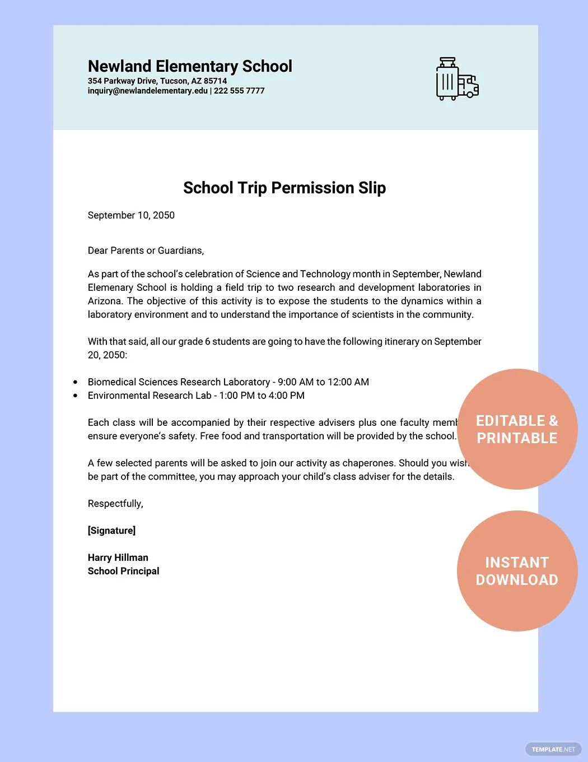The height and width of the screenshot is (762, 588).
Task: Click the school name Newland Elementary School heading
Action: (x=190, y=66)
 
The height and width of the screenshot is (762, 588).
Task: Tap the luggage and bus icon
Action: (x=457, y=79)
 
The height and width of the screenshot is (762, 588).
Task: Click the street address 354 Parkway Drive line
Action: (x=157, y=81)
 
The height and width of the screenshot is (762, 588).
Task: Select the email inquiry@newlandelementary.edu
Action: (x=147, y=91)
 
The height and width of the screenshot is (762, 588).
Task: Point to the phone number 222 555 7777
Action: (x=239, y=91)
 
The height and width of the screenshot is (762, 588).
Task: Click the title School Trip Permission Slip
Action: (x=284, y=188)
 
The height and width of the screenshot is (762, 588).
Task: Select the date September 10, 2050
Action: (x=131, y=215)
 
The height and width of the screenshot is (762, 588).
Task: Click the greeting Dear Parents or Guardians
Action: (x=146, y=250)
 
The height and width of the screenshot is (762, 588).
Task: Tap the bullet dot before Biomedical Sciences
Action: (x=76, y=382)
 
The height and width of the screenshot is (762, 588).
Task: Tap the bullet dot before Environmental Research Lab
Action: (x=76, y=396)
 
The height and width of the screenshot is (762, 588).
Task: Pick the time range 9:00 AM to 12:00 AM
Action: (x=323, y=382)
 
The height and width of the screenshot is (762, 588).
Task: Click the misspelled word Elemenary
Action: (x=110, y=287)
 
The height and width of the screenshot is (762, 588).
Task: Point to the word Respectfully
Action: (x=115, y=504)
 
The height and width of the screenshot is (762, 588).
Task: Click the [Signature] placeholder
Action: (x=111, y=531)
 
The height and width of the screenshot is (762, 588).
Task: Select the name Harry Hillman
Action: (x=118, y=557)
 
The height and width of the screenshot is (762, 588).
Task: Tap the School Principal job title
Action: (x=123, y=571)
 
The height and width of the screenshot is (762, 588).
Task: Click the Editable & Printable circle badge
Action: (x=517, y=429)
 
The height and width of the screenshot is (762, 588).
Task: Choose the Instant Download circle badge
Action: (x=517, y=571)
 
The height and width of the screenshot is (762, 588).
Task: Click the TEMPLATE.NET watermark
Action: (x=553, y=749)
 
